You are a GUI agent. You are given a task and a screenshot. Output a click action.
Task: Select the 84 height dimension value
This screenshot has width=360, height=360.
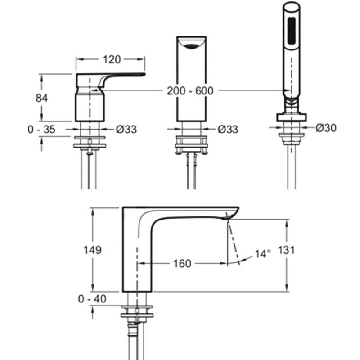tap(42, 98)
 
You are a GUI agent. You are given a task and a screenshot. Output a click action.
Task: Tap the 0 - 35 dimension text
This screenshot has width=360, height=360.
tap(41, 130)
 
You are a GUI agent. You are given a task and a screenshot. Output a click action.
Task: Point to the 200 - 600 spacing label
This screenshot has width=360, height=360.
tap(190, 90)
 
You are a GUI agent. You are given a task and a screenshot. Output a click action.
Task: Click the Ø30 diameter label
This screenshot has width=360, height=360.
tap(326, 128)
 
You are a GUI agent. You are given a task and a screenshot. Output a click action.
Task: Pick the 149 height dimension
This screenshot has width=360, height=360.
tap(93, 250)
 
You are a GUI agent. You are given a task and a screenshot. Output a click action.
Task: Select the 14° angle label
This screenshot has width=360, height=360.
tap(263, 254)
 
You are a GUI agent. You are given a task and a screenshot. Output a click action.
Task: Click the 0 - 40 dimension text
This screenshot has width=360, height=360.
tap(93, 298)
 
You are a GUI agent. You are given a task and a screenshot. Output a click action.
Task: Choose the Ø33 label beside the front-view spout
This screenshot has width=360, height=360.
tap(227, 130)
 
